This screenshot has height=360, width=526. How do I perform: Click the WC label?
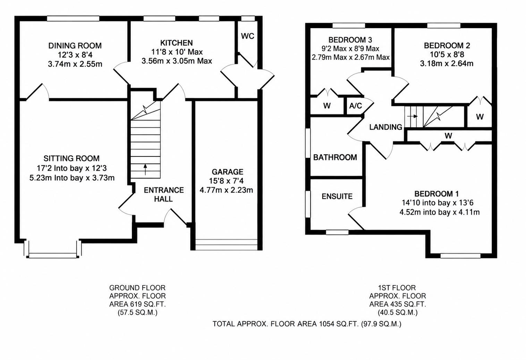247,36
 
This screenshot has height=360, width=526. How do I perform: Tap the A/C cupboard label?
356,106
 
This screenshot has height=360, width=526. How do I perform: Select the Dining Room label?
75,45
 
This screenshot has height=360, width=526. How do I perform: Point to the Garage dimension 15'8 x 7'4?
227,181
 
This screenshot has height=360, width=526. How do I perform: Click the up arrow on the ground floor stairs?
145,170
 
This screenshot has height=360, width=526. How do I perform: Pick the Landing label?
385,127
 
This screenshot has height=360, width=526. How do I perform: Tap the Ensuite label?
337,196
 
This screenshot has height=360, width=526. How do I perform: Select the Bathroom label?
335,157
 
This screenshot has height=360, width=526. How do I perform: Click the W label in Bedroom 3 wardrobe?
327,106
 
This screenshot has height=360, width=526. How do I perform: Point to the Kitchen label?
177,43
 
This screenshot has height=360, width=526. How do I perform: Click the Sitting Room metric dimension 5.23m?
40,178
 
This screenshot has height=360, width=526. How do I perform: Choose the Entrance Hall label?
164,195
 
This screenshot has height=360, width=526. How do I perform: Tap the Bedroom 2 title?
447,45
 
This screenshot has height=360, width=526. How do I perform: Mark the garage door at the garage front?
227,245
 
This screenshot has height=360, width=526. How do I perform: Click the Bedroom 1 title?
436,194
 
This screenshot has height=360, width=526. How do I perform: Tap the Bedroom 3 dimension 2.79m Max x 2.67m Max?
350,57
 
